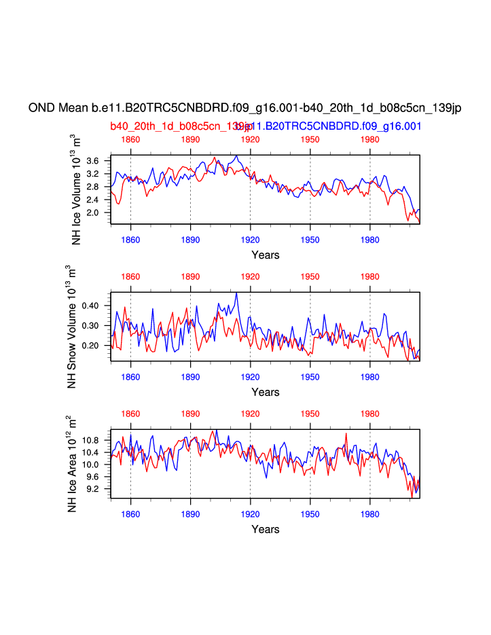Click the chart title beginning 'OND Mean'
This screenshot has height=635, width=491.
click(244, 108)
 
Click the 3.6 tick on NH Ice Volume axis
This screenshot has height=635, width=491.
click(93, 160)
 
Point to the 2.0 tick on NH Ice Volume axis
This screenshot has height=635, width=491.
click(93, 213)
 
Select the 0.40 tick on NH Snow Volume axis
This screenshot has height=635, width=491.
click(90, 306)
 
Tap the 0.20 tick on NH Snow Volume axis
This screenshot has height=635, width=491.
click(90, 346)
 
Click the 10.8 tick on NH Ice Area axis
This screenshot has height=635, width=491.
click(91, 440)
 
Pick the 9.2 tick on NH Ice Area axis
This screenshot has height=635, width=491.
click(93, 489)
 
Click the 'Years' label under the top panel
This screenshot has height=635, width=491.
click(265, 255)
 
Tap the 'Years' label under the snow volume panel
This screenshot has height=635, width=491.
click(265, 392)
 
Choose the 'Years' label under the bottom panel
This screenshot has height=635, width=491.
click(265, 529)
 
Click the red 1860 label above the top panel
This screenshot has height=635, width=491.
click(130, 139)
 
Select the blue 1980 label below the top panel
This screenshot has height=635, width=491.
click(369, 240)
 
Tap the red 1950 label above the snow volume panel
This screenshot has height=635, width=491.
click(310, 276)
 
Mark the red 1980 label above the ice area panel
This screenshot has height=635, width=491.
click(369, 414)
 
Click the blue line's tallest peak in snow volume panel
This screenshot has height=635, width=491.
click(236, 293)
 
